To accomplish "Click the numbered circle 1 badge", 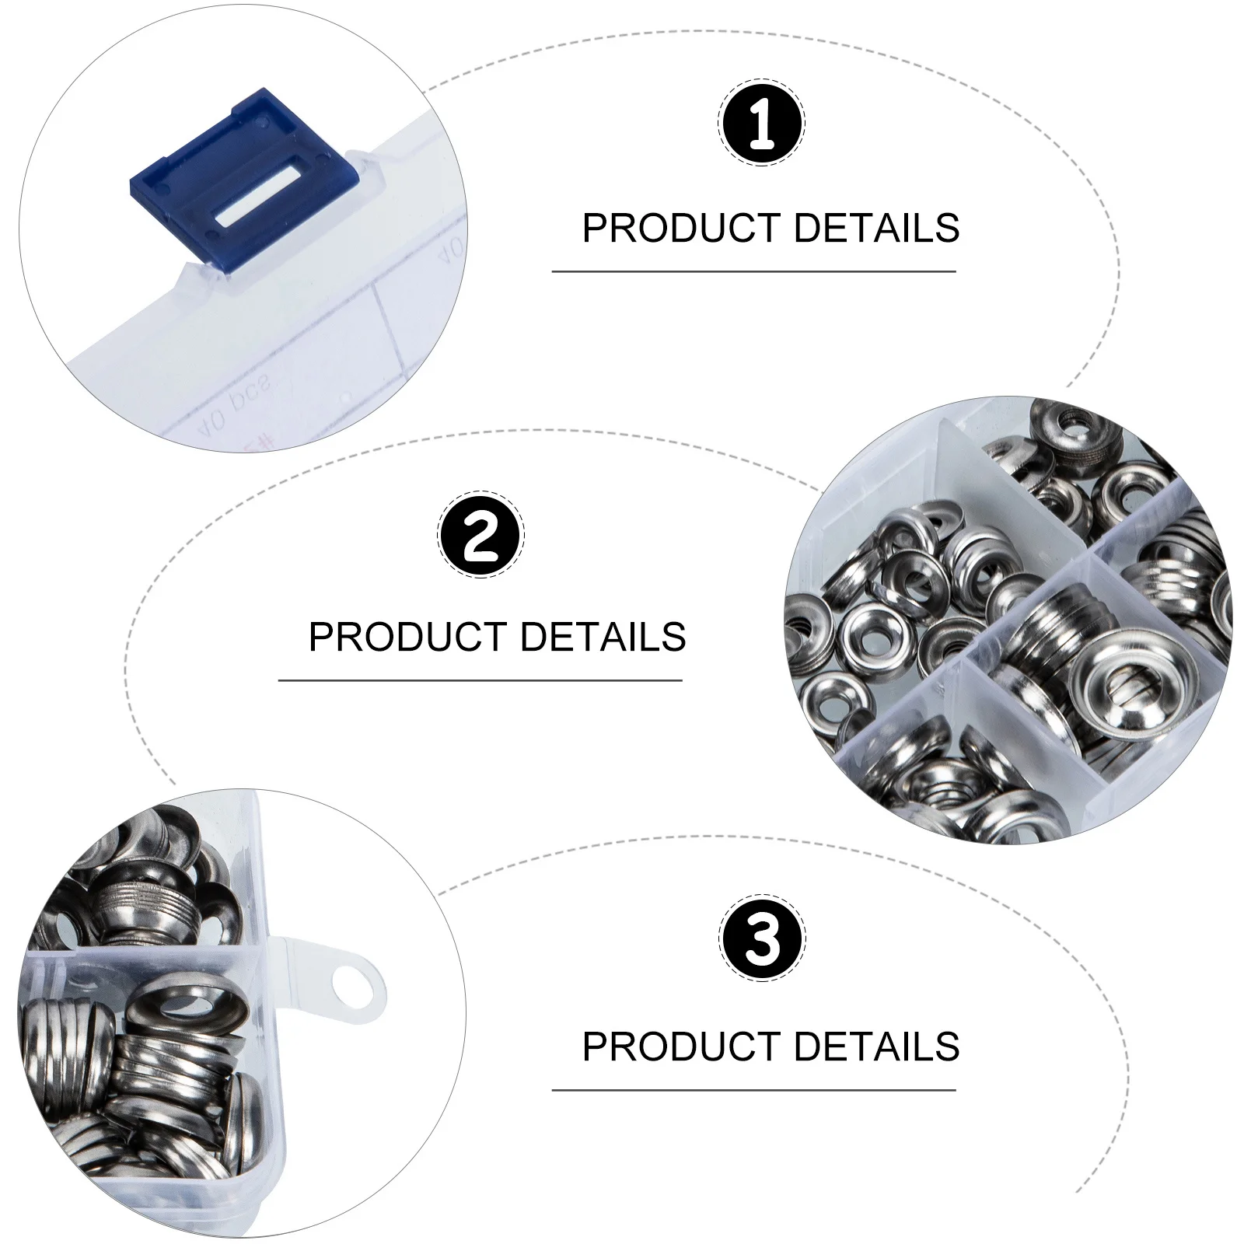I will click(x=761, y=123).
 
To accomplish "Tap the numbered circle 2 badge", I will click(x=480, y=535).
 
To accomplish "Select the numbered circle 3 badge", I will click(x=762, y=939).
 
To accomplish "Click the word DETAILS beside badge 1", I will click(x=876, y=229).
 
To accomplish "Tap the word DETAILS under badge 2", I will click(x=603, y=638).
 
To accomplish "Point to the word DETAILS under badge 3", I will click(x=876, y=1047).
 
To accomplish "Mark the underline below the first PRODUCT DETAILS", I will click(x=753, y=272).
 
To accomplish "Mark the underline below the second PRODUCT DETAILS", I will click(x=480, y=681).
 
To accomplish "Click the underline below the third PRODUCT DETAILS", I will click(x=753, y=1090).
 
